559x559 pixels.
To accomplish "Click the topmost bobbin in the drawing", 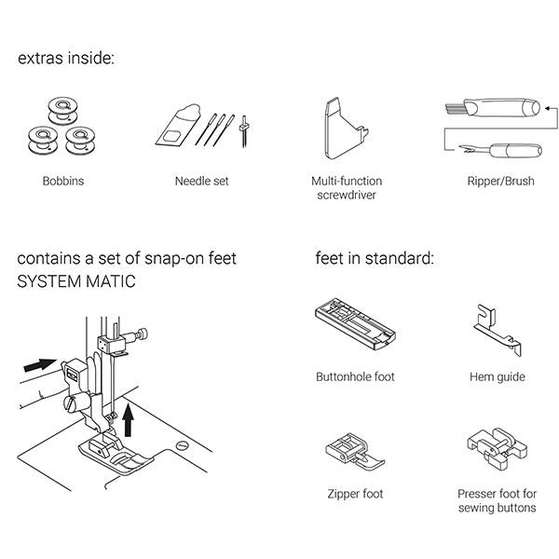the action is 62,110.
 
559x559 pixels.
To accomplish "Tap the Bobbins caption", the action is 63,181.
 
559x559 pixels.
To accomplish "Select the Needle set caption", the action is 202,181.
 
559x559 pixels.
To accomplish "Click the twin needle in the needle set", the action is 244,130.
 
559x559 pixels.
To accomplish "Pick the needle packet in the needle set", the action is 177,126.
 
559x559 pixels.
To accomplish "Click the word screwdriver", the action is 347,195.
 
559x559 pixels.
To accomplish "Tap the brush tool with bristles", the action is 493,108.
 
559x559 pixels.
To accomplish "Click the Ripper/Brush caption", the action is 501,181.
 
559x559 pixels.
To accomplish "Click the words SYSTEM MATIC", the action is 76,281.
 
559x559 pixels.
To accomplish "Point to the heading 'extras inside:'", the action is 66,58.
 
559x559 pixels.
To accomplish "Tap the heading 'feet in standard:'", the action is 375,258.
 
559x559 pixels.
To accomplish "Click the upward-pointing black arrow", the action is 128,420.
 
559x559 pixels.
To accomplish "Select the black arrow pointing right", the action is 40,365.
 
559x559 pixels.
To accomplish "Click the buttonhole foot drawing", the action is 356,323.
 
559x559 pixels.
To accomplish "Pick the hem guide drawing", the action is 498,330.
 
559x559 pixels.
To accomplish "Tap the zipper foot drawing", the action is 355,452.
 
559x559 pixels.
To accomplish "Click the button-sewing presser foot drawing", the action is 497,448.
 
